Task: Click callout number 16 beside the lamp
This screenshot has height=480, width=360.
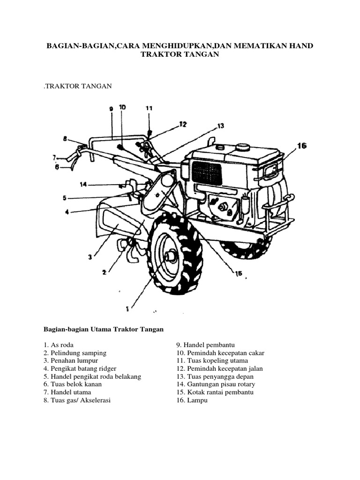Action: [301, 146]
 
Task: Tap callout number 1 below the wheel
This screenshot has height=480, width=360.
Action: [127, 308]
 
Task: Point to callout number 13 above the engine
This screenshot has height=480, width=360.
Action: [220, 126]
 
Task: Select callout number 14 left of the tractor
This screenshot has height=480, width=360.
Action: [83, 185]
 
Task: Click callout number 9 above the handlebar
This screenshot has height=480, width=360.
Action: [112, 109]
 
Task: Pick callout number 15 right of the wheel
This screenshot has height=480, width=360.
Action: [238, 273]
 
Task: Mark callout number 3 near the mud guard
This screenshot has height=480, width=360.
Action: [90, 256]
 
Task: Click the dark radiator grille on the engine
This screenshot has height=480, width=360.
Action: [206, 173]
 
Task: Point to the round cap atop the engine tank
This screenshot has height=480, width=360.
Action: [242, 147]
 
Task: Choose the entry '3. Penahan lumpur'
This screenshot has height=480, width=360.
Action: [72, 360]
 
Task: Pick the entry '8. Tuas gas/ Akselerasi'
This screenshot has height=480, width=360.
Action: [77, 400]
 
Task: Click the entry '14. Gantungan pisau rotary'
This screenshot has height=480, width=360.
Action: [215, 384]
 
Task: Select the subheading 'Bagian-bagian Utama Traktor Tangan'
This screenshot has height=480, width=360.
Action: [104, 329]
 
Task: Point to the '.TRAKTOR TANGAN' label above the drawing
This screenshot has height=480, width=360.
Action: [77, 86]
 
